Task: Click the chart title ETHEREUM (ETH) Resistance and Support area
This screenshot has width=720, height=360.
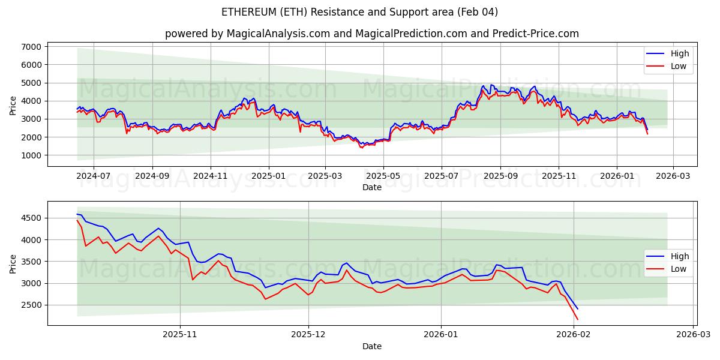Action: (359, 12)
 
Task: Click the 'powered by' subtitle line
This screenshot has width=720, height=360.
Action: (371, 34)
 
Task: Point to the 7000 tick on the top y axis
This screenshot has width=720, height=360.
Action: (31, 47)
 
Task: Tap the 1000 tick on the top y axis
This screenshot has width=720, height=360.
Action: (31, 155)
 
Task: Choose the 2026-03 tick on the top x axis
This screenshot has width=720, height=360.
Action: (673, 177)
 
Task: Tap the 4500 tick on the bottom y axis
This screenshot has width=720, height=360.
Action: (31, 218)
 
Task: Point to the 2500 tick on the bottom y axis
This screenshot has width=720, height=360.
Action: (31, 305)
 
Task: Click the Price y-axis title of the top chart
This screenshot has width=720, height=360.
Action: (13, 105)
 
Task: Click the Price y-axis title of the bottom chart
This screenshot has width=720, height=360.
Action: (13, 263)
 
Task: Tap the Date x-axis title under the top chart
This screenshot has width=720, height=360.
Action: (371, 187)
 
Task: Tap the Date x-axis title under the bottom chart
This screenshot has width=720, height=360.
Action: (371, 346)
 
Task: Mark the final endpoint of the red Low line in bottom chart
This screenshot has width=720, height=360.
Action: (578, 319)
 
